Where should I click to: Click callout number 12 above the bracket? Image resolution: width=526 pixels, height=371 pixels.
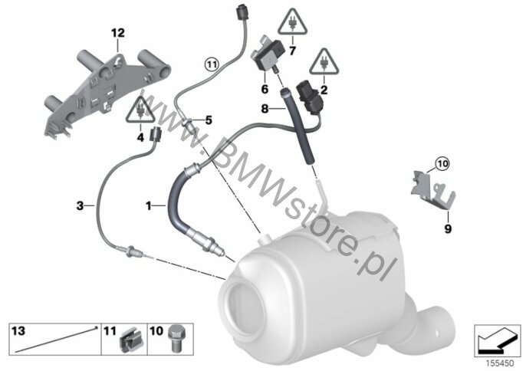(117, 32)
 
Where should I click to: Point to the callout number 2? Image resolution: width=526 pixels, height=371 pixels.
(324, 89)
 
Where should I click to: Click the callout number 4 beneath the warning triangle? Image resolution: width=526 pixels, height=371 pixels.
(140, 138)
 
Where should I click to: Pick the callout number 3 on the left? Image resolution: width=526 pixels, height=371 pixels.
(79, 205)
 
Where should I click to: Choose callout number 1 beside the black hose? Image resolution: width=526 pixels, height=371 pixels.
(150, 206)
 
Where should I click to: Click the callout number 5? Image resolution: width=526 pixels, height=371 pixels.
(206, 120)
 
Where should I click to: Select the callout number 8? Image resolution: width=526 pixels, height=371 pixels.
(264, 109)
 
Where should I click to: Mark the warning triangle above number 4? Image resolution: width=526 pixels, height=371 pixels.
(140, 112)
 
